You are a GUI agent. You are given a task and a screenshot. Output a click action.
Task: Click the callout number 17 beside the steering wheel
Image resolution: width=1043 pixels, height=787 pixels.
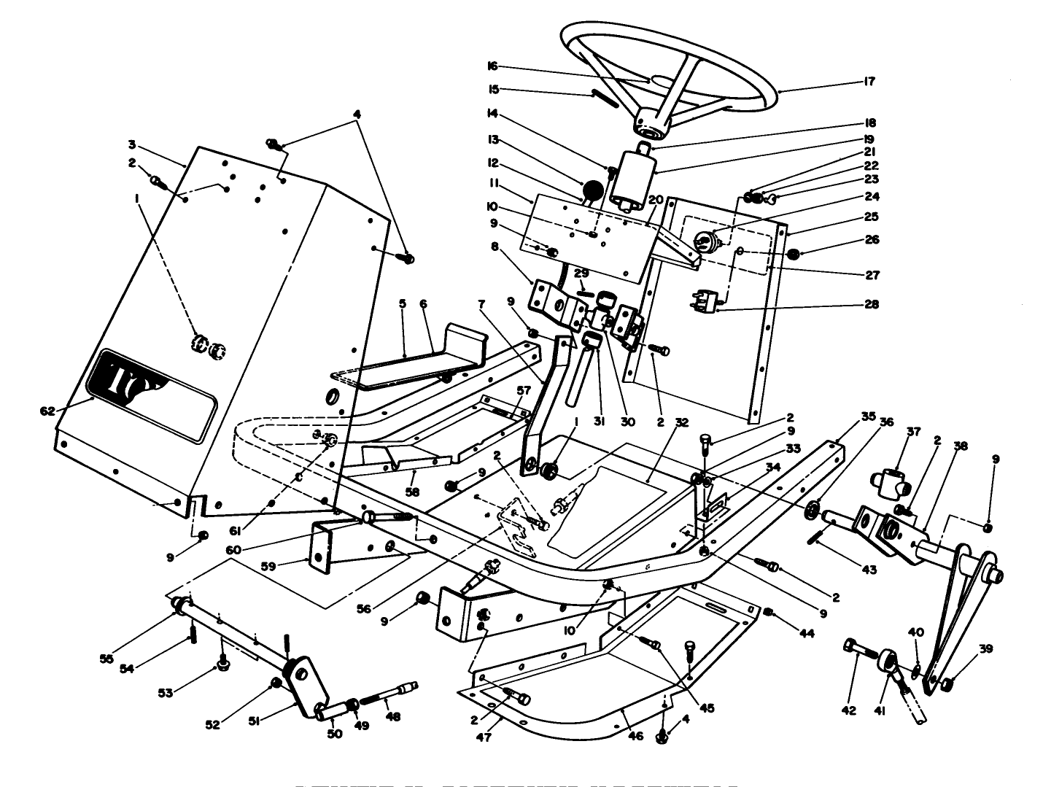pos(869,82)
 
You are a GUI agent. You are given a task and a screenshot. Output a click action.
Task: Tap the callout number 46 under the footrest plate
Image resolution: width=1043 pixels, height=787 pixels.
pos(635,736)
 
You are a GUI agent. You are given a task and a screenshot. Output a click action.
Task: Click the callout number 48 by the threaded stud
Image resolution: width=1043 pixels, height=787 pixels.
pos(393,717)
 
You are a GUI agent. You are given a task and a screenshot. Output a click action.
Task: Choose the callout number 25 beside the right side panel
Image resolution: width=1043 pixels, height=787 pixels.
pos(872,217)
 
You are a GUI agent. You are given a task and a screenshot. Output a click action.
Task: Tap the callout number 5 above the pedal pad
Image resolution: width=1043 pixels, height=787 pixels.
pos(401,303)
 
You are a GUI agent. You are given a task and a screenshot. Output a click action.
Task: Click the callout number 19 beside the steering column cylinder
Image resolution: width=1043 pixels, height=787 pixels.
pos(869,139)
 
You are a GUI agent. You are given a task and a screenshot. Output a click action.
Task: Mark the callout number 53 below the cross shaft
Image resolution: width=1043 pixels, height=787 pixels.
pos(166,693)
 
